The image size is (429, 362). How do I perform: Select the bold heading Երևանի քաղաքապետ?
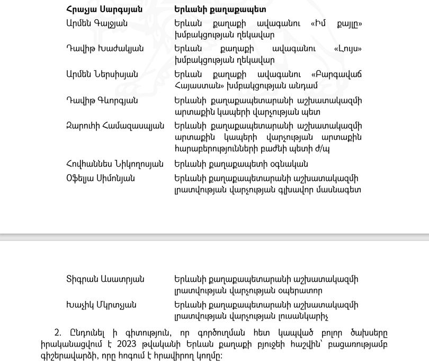click(220, 9)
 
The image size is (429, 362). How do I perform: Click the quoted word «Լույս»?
click(348, 49)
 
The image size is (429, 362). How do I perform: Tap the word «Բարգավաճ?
click(335, 74)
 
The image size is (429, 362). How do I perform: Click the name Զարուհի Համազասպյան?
click(116, 126)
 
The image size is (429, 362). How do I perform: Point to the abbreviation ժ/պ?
click(322, 149)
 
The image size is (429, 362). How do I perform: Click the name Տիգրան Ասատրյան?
click(105, 279)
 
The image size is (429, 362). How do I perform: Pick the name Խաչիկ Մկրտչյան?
click(101, 305)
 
